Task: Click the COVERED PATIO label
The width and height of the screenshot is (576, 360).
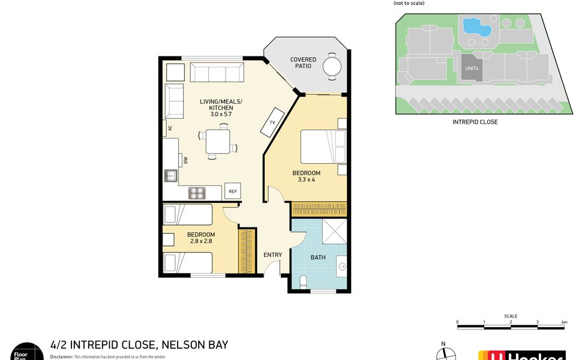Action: tap(303, 62)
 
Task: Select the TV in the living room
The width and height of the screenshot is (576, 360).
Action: tap(272, 122)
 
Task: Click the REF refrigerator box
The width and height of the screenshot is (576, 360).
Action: tap(233, 191)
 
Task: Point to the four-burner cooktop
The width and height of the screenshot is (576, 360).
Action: tap(197, 193)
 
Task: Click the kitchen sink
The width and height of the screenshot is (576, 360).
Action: tap(170, 176)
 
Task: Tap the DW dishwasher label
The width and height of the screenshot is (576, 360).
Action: tap(186, 160)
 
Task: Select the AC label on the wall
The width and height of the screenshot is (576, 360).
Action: tap(170, 128)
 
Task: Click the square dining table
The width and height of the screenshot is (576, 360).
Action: tap(217, 142)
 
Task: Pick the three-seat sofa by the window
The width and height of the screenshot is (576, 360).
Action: tap(217, 73)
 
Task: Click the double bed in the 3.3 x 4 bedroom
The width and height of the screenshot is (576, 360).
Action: tap(323, 147)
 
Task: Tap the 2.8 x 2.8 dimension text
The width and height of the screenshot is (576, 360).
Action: tap(200, 241)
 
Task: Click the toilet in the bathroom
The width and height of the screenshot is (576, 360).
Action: tap(303, 281)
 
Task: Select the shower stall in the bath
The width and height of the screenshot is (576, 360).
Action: tap(334, 231)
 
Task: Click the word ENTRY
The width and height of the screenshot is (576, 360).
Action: tap(272, 255)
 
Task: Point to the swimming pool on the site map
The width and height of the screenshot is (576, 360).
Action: tap(478, 26)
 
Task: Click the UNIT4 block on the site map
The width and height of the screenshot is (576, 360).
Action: tap(472, 68)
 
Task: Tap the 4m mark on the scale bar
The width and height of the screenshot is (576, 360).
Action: tap(564, 322)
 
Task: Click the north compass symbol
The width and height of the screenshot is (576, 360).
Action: tap(444, 353)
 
